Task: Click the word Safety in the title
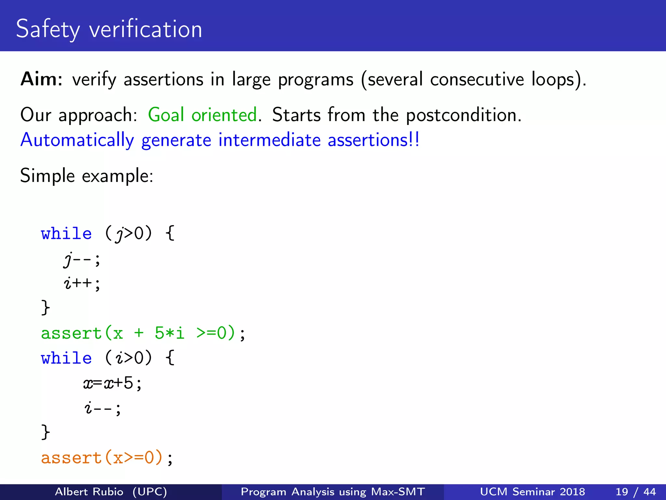(x=47, y=29)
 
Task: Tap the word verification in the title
(x=146, y=29)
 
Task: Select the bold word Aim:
(x=42, y=79)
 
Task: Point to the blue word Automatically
(x=77, y=140)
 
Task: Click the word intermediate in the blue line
(x=269, y=140)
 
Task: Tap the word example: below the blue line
(x=117, y=176)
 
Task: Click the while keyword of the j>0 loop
(x=66, y=234)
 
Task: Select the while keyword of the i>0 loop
(x=66, y=358)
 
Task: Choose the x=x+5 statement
(x=113, y=383)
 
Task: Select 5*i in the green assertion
(x=169, y=333)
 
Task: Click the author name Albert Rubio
(x=89, y=492)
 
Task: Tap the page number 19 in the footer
(x=621, y=492)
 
